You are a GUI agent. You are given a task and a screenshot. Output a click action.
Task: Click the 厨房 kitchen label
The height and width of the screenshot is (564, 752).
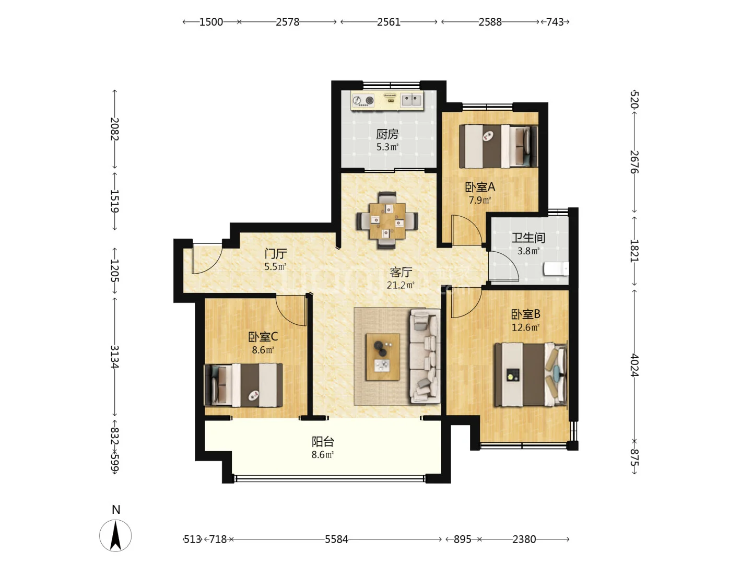tap(387, 134)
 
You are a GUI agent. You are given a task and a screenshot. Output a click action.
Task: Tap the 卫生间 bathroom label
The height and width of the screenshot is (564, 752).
tap(528, 238)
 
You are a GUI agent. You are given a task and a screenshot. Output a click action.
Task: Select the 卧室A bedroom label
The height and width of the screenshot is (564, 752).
tap(479, 187)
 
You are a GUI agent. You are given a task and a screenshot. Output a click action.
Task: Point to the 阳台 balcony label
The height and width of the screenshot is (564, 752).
tap(322, 442)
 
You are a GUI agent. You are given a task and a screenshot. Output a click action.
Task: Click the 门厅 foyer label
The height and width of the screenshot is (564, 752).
tap(275, 254)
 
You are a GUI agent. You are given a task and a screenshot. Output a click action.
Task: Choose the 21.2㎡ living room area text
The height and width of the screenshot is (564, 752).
tap(400, 285)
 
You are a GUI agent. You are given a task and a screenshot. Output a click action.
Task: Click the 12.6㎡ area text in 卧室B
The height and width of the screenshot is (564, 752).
tap(525, 327)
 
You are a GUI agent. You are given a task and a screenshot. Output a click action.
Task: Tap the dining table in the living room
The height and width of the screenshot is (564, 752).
tap(387, 221)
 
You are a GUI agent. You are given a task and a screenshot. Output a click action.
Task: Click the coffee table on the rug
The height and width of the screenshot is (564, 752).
tap(383, 357)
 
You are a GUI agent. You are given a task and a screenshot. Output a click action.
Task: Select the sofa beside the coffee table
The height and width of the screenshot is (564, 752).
tap(425, 356)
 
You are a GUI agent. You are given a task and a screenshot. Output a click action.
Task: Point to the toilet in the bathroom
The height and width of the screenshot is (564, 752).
tap(556, 269)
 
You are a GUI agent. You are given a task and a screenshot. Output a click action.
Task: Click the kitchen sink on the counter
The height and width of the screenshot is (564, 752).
tap(412, 100)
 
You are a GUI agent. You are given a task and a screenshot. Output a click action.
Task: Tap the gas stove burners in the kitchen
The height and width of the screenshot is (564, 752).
tap(363, 100)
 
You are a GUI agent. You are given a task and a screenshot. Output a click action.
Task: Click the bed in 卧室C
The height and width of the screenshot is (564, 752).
tap(243, 385)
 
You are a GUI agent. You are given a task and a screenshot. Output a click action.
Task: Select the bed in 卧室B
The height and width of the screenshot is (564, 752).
tap(531, 374)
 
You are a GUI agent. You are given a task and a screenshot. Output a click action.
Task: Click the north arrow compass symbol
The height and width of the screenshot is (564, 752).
tap(115, 535)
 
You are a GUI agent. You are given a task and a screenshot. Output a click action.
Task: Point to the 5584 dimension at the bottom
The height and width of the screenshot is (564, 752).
tap(336, 539)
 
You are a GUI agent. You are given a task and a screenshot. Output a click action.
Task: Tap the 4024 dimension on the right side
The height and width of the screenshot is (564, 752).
tap(634, 366)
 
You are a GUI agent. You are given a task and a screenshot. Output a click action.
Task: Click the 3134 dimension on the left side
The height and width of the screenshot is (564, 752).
tap(114, 357)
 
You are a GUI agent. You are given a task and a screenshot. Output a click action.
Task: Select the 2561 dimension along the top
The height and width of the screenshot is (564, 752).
tap(389, 22)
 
